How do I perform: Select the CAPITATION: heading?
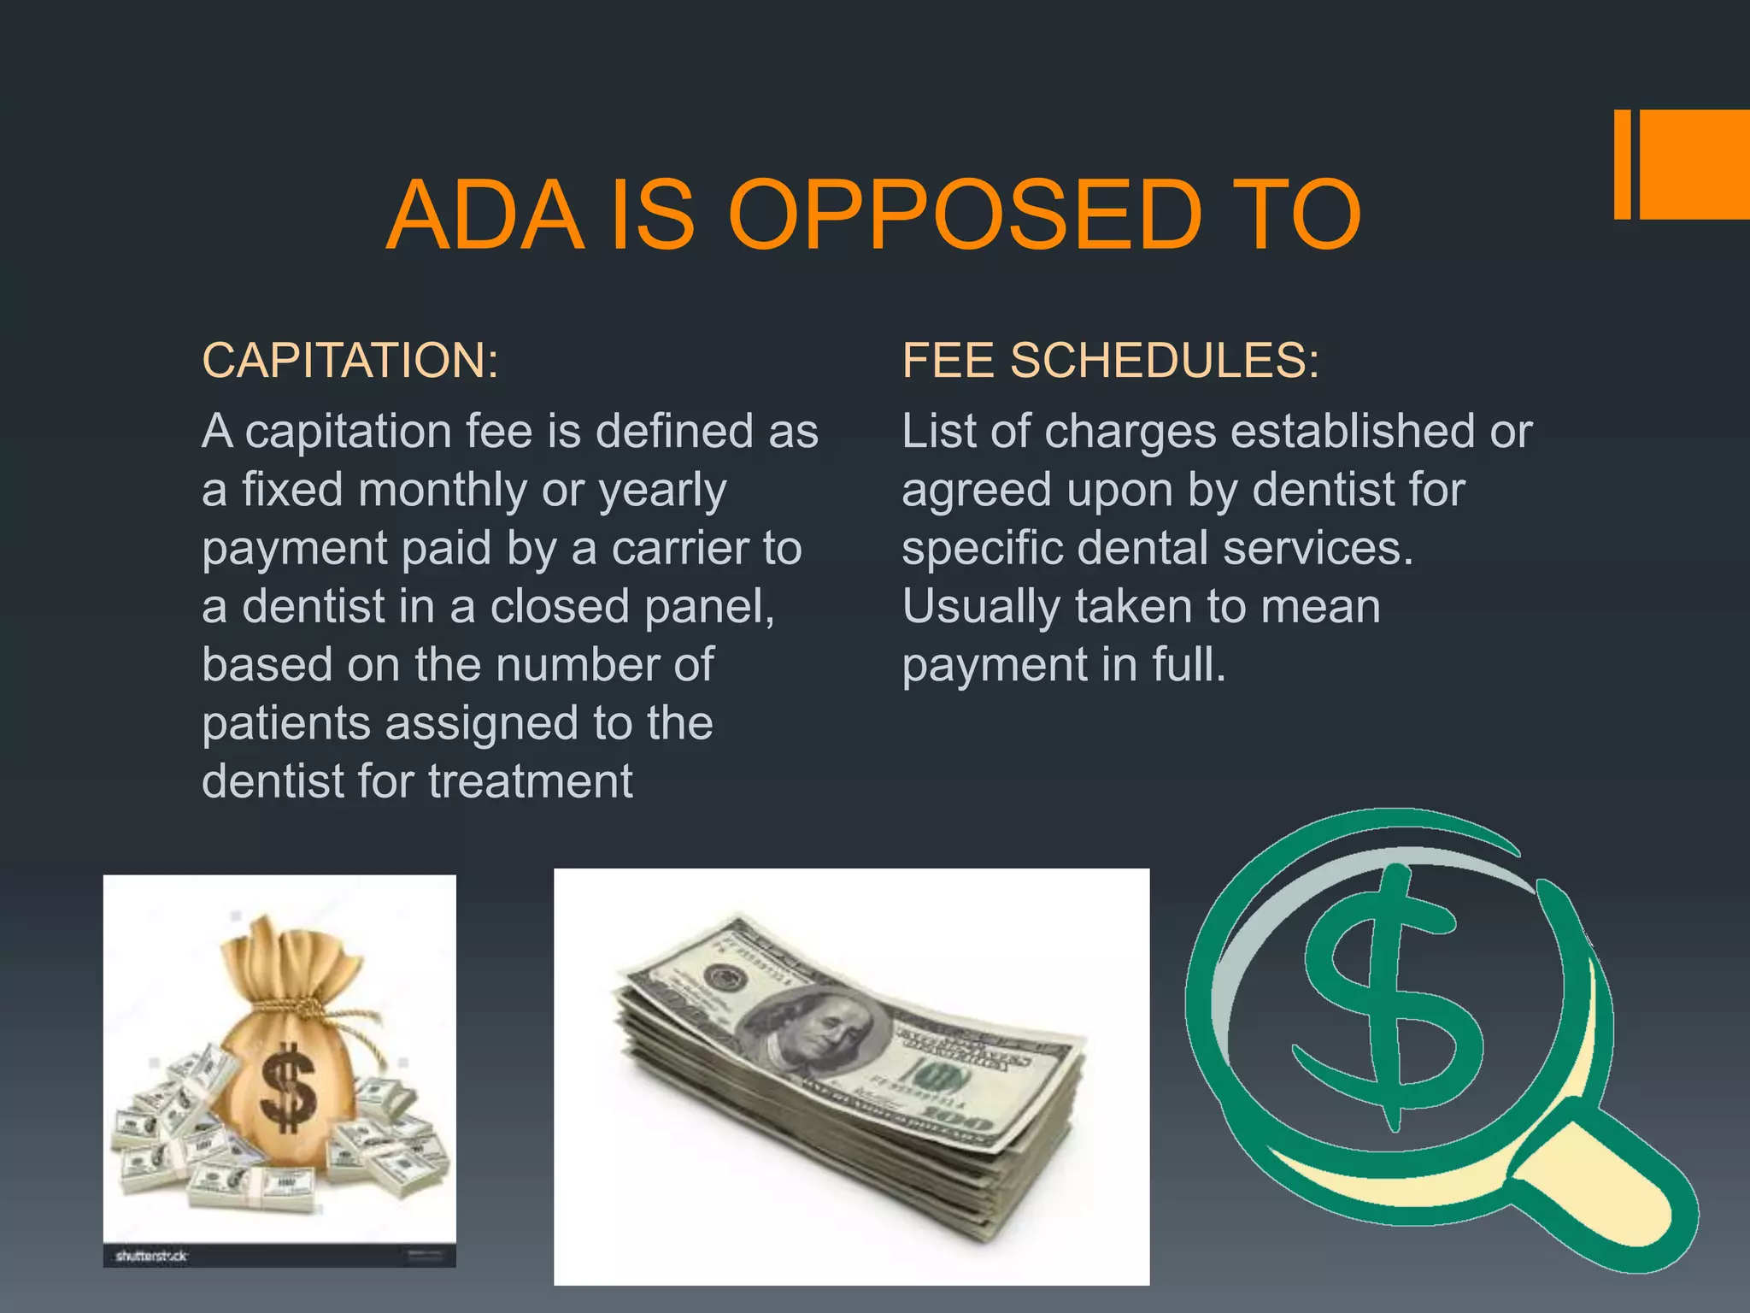tap(350, 360)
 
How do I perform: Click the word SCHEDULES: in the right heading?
tap(1165, 360)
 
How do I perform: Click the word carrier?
tap(682, 549)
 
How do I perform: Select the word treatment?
tap(531, 781)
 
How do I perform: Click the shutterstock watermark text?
tap(151, 1256)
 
